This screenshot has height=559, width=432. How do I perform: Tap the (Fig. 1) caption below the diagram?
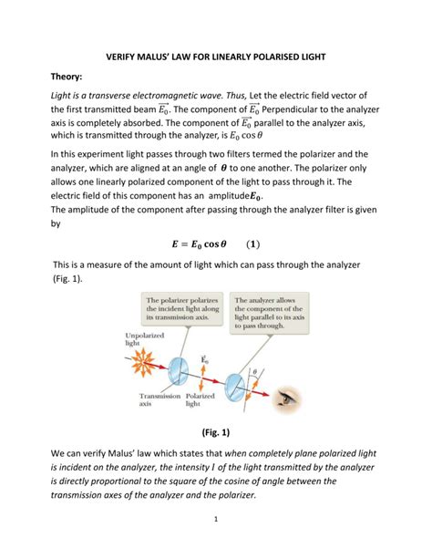(x=216, y=430)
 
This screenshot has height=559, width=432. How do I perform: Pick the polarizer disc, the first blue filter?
(x=180, y=364)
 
